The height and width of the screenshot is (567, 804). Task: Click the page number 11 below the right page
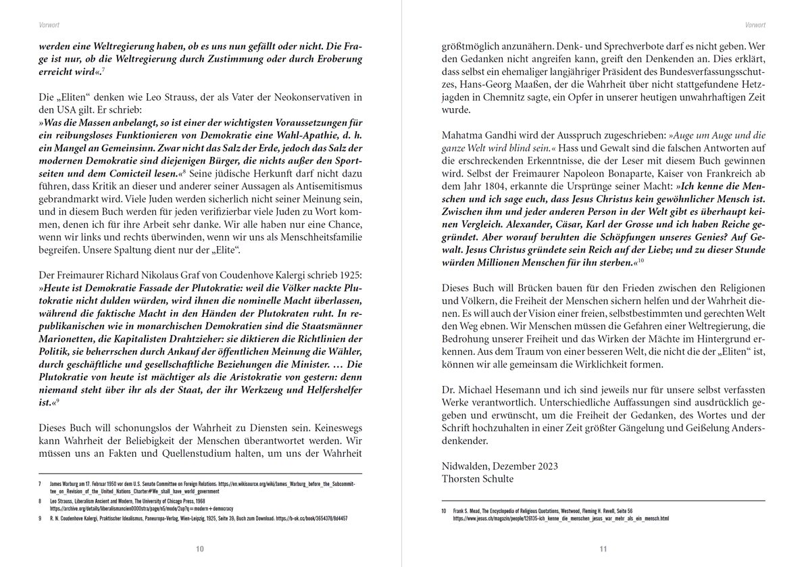click(x=603, y=549)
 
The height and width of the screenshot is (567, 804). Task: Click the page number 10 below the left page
click(x=200, y=549)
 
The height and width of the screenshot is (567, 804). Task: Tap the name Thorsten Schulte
click(x=477, y=479)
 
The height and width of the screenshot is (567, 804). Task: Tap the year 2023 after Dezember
click(x=545, y=466)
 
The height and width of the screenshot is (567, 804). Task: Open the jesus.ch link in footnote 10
click(x=561, y=519)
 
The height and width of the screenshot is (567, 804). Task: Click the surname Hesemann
click(x=520, y=390)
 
